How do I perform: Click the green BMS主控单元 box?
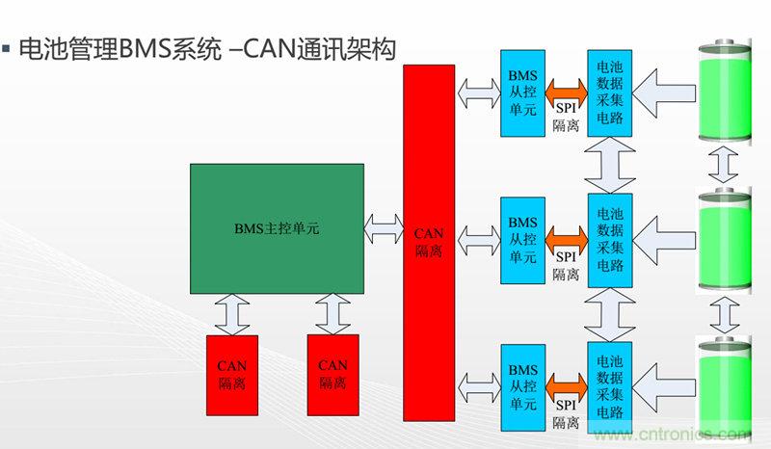[x=277, y=228]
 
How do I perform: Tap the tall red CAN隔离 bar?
[x=428, y=241]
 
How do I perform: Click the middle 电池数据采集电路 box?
[x=609, y=237]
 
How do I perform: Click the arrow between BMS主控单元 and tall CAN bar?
[x=384, y=228]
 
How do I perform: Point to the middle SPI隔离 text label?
[x=566, y=266]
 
